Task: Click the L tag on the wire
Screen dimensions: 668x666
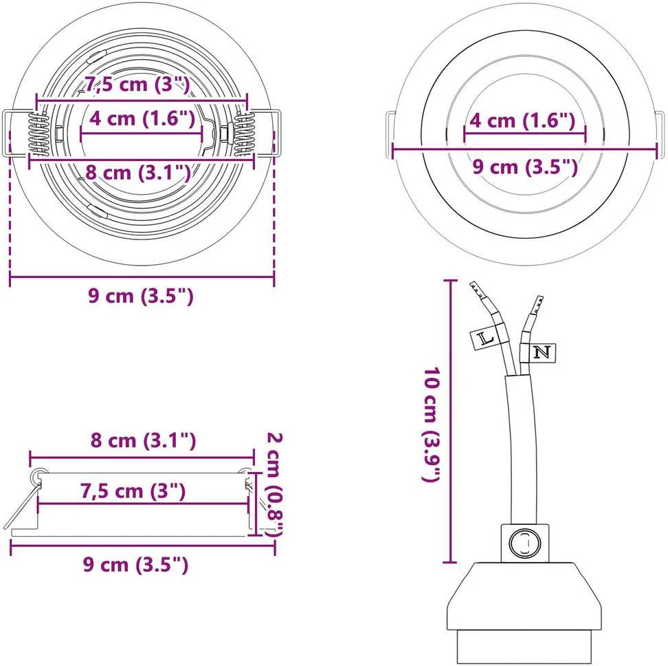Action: (485, 339)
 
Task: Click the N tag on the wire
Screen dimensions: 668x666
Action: (542, 352)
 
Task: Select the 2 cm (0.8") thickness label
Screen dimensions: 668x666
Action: (274, 484)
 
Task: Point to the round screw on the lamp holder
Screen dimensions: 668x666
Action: (524, 543)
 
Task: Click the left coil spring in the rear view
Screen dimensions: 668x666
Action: (38, 133)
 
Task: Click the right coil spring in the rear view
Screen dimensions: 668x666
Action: (243, 133)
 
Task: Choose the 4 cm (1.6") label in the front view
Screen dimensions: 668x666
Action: (522, 120)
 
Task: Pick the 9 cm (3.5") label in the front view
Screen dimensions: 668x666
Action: (525, 166)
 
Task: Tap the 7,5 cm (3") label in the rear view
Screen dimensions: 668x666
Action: (137, 84)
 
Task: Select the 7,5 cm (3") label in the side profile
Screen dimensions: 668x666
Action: (133, 491)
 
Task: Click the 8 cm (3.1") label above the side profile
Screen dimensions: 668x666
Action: (143, 440)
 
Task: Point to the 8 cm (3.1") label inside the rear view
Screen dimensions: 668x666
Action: (138, 173)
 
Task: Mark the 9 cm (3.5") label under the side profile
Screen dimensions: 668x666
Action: (135, 565)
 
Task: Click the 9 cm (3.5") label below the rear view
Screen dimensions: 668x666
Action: (141, 295)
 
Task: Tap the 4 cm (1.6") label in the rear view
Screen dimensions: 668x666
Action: (142, 118)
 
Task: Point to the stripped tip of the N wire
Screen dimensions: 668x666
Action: (537, 304)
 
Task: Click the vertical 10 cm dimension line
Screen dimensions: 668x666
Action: (450, 421)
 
